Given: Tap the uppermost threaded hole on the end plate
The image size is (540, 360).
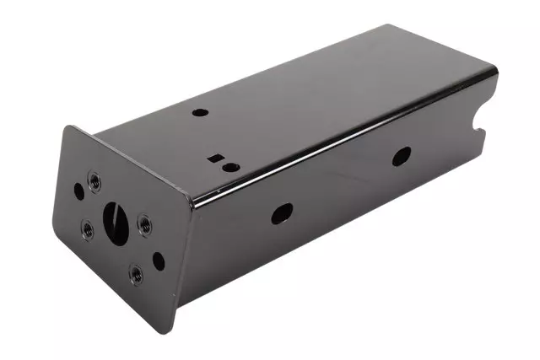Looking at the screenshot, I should click(x=93, y=179).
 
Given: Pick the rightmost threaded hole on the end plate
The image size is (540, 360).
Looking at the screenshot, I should click(x=144, y=223).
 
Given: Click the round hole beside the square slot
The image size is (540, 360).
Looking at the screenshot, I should click(x=228, y=167).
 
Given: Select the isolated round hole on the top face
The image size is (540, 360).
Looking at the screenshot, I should click(x=199, y=111).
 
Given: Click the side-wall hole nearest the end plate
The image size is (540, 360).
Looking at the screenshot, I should click(x=281, y=213).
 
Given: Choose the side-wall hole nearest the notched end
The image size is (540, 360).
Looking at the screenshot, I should click(x=402, y=156).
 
